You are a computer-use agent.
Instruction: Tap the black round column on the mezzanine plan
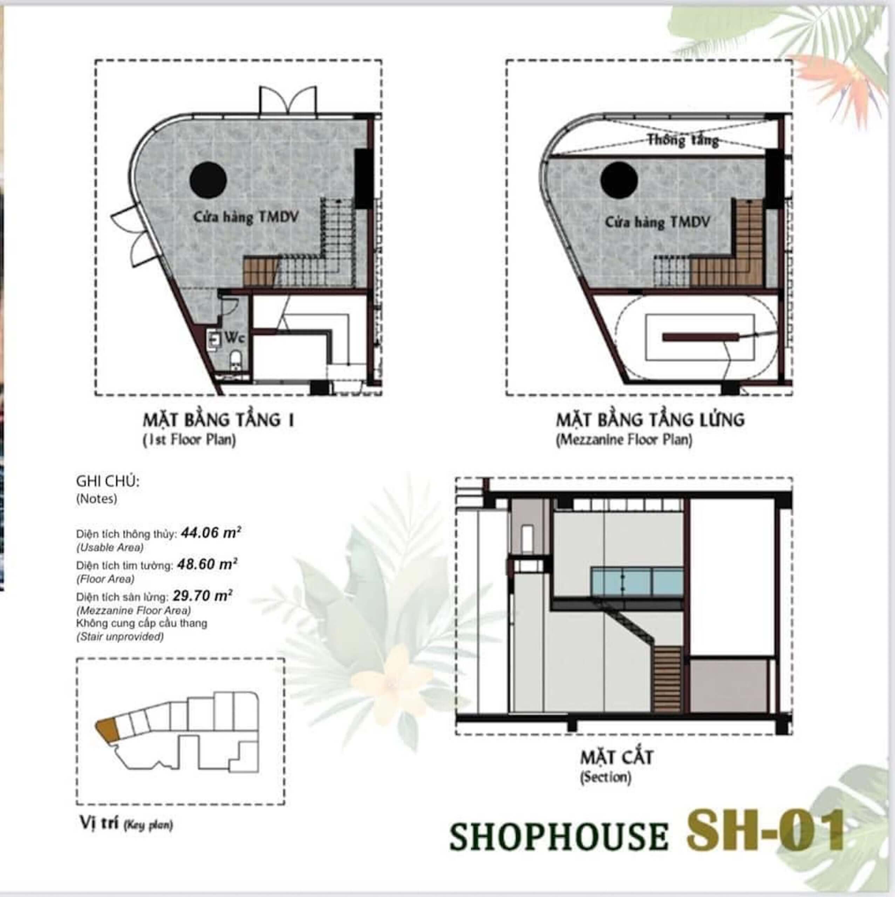618,180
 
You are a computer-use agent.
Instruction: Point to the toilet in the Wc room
236,360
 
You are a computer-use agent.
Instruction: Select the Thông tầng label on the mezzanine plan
683,140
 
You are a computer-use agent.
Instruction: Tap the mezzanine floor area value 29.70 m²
203,596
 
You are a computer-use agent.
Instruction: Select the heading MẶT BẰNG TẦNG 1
218,420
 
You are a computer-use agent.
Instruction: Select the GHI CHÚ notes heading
108,481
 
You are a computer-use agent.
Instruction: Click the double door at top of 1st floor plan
288,101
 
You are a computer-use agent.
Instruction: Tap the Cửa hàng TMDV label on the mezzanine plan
657,223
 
